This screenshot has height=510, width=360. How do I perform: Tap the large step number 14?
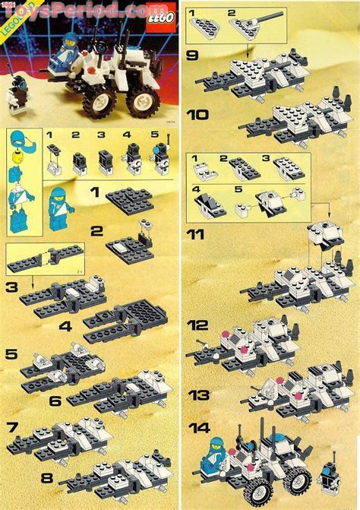click(x=201, y=428)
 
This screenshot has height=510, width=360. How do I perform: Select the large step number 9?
click(x=195, y=55)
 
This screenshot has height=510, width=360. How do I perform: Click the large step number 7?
click(x=14, y=427)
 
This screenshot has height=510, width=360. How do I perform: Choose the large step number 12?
click(x=200, y=325)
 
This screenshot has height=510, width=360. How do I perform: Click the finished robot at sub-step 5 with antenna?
click(x=160, y=157)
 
